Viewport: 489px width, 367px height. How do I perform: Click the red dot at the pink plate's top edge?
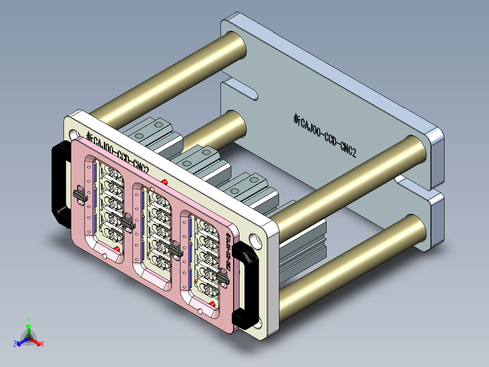164,182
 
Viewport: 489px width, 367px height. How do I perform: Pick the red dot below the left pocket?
117,248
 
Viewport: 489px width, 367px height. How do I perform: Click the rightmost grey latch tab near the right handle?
223,278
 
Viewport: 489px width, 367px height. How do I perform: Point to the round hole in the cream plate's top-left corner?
73,134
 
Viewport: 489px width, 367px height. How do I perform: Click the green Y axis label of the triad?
28,319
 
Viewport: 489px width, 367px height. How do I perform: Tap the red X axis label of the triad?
43,344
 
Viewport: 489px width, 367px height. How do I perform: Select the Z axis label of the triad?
15,344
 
